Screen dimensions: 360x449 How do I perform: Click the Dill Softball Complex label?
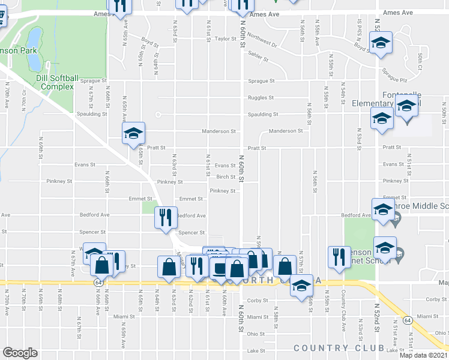pyautogui.click(x=58, y=82)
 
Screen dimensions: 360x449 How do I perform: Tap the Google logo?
pyautogui.click(x=20, y=353)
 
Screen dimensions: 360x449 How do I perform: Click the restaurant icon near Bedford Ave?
pyautogui.click(x=164, y=217)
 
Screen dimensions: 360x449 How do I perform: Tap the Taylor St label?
pyautogui.click(x=226, y=39)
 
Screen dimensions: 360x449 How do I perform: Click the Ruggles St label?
pyautogui.click(x=261, y=97)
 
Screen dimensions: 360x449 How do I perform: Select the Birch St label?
pyautogui.click(x=226, y=177)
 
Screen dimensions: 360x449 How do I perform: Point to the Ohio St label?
pyautogui.click(x=255, y=334)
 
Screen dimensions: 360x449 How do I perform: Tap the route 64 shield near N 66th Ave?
pyautogui.click(x=97, y=282)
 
